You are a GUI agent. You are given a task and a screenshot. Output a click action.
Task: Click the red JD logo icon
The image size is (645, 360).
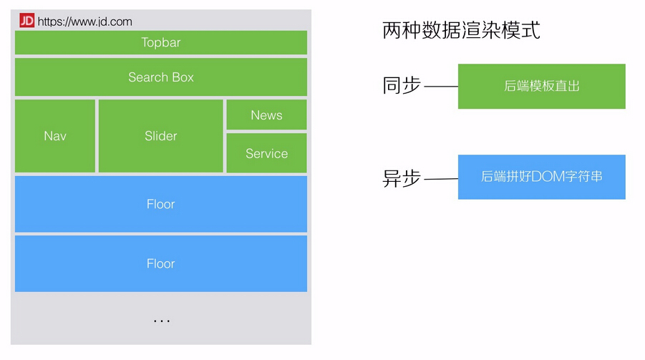coord(26,20)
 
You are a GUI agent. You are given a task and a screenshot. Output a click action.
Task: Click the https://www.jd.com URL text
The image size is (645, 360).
coord(84,21)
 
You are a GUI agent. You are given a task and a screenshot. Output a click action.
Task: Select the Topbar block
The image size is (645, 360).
coord(161,42)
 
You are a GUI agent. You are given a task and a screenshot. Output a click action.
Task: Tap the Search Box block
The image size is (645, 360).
coord(161,77)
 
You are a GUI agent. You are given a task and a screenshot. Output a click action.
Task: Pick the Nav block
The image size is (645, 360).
coord(55,136)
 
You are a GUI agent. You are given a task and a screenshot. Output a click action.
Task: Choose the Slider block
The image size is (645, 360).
coord(161,136)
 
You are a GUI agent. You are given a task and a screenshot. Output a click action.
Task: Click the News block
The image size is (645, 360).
coord(266,115)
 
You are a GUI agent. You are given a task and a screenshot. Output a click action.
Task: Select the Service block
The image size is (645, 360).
coord(266,153)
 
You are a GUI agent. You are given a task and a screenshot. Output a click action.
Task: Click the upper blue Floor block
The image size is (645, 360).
coord(161,204)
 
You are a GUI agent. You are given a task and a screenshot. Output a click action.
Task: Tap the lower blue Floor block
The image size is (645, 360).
coord(161,263)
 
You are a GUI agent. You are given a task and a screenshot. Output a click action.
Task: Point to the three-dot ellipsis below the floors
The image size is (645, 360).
coord(162,321)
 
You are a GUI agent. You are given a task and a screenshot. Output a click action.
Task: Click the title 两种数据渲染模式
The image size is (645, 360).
coord(461,30)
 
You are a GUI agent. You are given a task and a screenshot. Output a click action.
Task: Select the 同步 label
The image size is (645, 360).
coord(402,85)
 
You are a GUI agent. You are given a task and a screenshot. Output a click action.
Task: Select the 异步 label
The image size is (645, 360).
coord(402,178)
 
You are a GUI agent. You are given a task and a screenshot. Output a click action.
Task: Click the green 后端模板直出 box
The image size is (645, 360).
coord(542,87)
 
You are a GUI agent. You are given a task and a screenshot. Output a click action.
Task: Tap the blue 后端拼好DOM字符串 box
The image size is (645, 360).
coord(542,177)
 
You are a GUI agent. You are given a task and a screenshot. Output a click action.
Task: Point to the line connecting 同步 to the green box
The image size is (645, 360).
coord(441,87)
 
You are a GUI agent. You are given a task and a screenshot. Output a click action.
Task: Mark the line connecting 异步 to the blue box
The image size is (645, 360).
coord(441,179)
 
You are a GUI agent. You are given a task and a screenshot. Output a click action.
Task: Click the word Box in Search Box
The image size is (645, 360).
coord(183,77)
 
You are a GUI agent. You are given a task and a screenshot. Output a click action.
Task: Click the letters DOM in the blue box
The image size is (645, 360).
coord(548,177)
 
